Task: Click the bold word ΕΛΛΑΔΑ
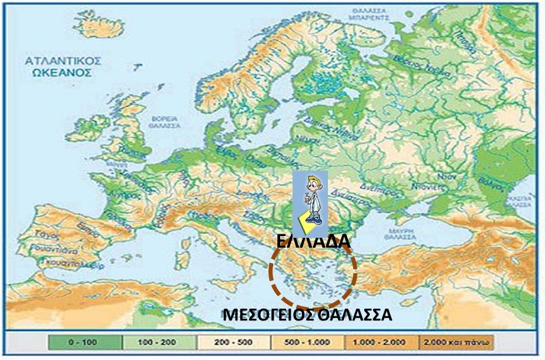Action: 313,241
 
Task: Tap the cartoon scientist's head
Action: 311,184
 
